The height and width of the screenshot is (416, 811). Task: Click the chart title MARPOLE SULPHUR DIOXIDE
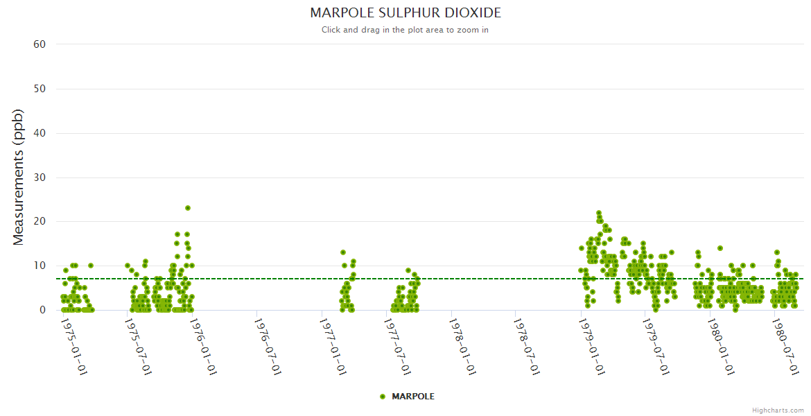point(405,13)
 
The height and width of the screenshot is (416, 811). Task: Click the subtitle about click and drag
point(405,30)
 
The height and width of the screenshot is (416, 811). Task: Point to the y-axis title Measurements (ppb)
point(19,177)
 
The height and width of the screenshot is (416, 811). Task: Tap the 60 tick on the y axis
point(40,44)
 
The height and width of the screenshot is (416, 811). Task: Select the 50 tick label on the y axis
point(40,89)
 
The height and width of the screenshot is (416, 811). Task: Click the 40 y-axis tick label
point(40,133)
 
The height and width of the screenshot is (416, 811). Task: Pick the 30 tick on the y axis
point(40,177)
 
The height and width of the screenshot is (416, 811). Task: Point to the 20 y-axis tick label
point(40,222)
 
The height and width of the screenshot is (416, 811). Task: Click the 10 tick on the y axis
point(40,266)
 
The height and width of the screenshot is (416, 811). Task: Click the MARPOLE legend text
point(413,397)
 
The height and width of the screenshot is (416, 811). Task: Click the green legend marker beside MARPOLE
point(383,397)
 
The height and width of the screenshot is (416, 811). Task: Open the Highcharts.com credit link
point(778,410)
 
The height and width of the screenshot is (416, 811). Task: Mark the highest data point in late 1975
point(188,208)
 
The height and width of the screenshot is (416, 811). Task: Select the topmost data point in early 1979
point(599,213)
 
